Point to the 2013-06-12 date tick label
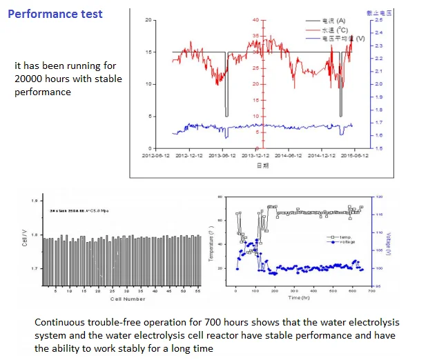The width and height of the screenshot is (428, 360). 222,156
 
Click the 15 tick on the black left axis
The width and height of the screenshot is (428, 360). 149,52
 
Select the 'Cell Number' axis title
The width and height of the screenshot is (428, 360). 128,299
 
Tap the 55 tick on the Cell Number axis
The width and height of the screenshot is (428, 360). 197,292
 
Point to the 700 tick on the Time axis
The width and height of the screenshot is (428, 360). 371,292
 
